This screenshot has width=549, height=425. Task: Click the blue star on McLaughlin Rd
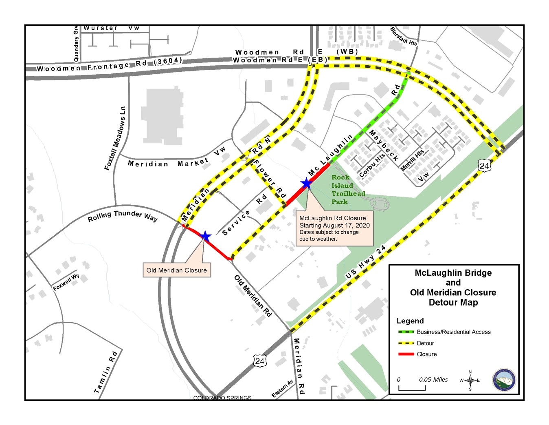[x=306, y=184]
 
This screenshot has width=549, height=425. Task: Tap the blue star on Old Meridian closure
[x=205, y=236]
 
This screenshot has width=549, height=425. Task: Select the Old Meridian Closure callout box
[x=176, y=270]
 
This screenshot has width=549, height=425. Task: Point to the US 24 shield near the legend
[x=484, y=166]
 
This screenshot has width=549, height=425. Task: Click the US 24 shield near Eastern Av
[x=260, y=361]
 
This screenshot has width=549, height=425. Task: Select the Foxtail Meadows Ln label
[x=115, y=139]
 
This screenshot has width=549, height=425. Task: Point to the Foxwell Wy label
[x=66, y=282]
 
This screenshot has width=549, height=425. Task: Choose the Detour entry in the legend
[x=425, y=343]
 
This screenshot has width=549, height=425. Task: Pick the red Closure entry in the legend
[x=426, y=354]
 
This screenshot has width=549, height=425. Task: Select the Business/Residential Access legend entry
[x=453, y=332]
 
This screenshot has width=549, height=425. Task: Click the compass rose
[x=470, y=380]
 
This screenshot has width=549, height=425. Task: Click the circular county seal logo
[x=504, y=381]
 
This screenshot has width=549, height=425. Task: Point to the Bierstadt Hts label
[x=404, y=36]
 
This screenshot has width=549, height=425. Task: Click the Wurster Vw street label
[x=111, y=28]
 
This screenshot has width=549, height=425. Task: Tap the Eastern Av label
[x=282, y=389]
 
